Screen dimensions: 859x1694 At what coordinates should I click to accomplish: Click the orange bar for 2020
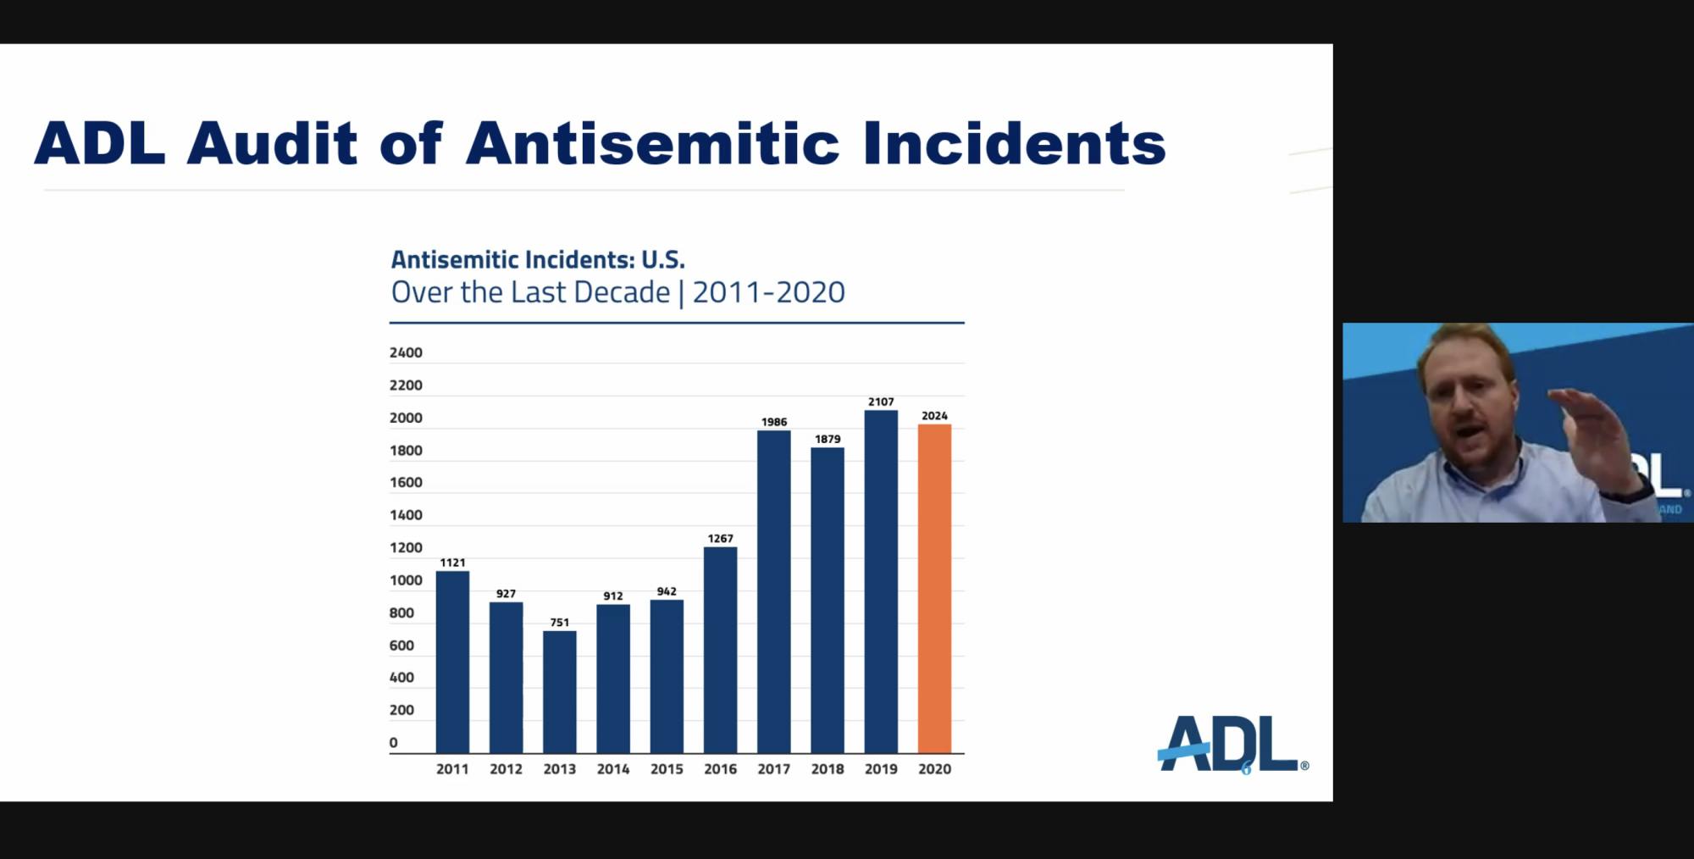[x=934, y=588]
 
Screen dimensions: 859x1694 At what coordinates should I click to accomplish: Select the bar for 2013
[x=559, y=691]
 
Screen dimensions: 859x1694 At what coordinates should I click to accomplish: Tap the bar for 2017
[x=773, y=591]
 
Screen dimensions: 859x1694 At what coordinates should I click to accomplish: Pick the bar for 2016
[x=720, y=650]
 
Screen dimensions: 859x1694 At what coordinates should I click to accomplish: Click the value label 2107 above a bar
[x=881, y=402]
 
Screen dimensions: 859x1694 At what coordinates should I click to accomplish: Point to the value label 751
[x=559, y=623]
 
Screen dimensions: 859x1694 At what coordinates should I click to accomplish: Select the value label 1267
[x=720, y=539]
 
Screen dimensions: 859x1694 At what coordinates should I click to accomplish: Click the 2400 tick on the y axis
[x=406, y=352]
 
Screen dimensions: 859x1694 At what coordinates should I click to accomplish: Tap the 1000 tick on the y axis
[x=406, y=580]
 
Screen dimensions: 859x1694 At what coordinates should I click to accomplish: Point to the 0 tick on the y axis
[x=393, y=743]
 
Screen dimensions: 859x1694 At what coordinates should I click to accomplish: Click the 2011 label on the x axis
[x=452, y=769]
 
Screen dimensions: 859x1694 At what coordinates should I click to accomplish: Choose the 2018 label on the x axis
[x=828, y=769]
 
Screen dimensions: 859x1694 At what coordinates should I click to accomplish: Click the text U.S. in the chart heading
[x=662, y=259]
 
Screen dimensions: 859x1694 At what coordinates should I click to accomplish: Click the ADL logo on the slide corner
[x=1229, y=744]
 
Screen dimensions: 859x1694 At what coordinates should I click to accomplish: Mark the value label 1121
[x=452, y=563]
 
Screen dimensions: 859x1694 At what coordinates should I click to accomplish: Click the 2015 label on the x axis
[x=667, y=769]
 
